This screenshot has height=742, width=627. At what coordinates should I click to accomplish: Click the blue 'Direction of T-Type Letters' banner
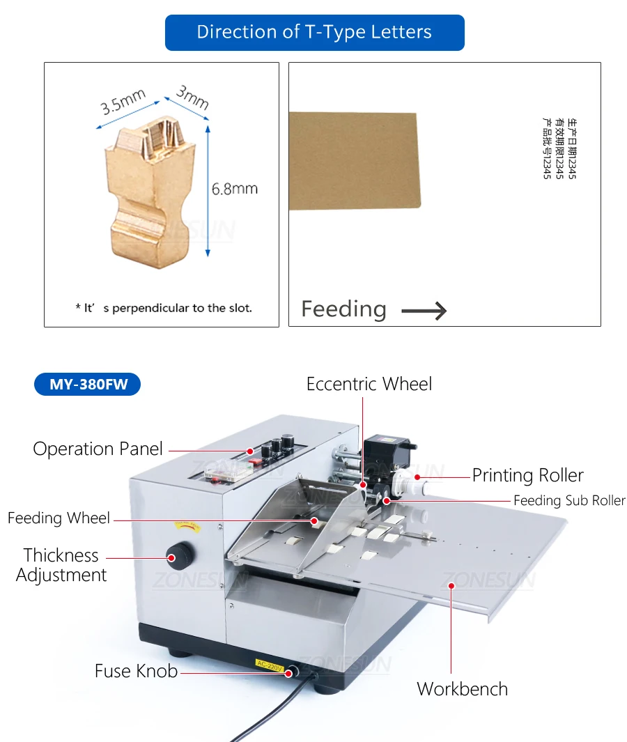click(x=314, y=32)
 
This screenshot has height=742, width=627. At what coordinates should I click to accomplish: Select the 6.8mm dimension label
click(x=235, y=189)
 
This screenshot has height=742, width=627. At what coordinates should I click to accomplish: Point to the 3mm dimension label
click(x=192, y=97)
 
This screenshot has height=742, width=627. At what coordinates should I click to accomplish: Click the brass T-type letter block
click(x=150, y=188)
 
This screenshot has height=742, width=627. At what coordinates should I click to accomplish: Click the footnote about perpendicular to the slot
click(x=164, y=307)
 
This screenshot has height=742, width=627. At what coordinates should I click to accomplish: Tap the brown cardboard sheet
click(x=353, y=161)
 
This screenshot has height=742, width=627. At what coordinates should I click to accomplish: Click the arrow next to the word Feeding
click(x=424, y=310)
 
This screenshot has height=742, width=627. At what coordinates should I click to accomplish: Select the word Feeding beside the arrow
click(x=343, y=309)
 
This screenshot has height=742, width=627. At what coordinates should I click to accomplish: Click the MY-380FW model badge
click(x=88, y=384)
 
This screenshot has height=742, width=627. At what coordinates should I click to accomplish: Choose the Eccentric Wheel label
click(x=369, y=384)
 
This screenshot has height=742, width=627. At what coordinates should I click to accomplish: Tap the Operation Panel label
click(x=98, y=449)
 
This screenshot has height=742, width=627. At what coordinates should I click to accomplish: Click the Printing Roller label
click(x=527, y=476)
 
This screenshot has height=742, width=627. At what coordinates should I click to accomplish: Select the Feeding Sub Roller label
click(x=569, y=500)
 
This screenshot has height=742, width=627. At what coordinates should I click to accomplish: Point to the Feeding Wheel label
click(x=59, y=518)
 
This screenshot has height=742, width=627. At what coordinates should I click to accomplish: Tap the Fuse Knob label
click(x=136, y=671)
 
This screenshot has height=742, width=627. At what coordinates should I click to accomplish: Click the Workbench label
click(x=462, y=689)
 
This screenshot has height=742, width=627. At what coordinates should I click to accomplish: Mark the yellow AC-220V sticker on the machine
click(x=270, y=666)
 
